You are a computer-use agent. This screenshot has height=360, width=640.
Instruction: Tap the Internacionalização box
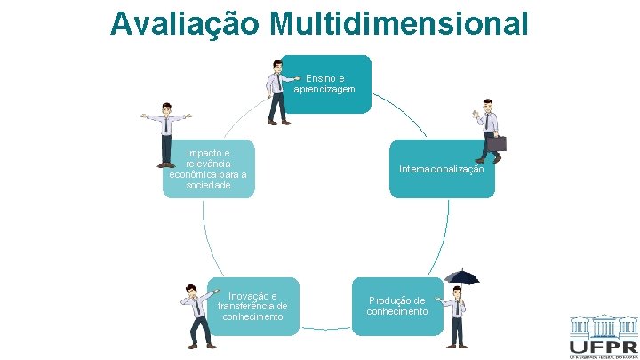[442, 169]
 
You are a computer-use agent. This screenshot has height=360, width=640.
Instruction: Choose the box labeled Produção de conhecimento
[396, 306]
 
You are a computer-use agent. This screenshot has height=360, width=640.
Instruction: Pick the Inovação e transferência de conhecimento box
[252, 306]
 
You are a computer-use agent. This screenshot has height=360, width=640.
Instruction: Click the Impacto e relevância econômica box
[208, 169]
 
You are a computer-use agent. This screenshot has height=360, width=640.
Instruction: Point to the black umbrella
[461, 276]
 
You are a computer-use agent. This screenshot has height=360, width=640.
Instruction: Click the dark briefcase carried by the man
[495, 142]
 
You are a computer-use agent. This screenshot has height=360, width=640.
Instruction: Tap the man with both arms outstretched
[165, 133]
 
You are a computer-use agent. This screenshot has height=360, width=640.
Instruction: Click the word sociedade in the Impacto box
[208, 185]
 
